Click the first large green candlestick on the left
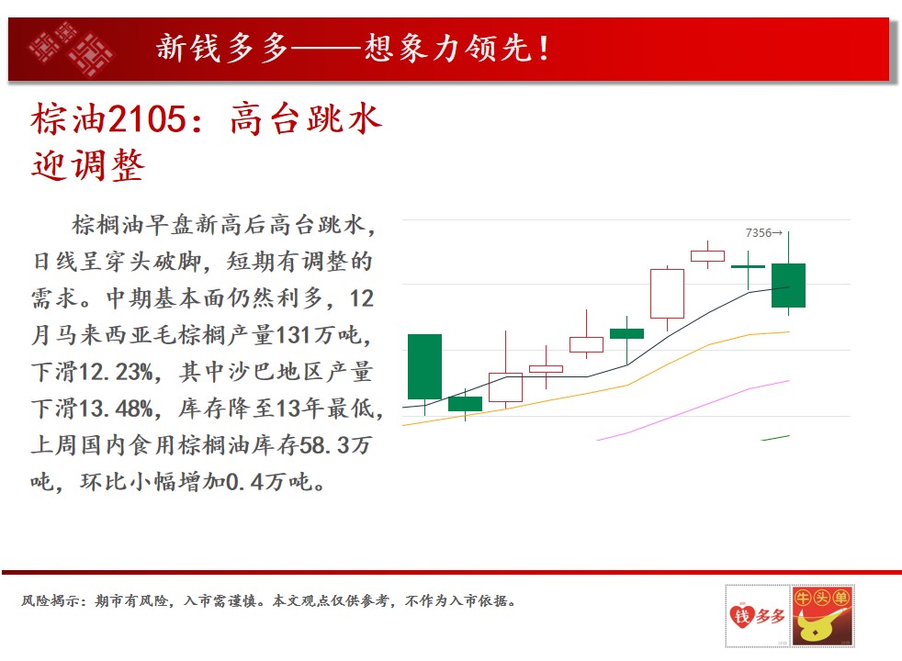(x=424, y=366)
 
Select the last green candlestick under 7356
(x=788, y=286)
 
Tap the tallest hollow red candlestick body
(x=667, y=294)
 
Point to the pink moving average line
(x=693, y=410)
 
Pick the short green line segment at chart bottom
(x=775, y=438)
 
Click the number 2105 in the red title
(x=147, y=119)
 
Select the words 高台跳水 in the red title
(x=306, y=119)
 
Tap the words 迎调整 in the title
(x=87, y=165)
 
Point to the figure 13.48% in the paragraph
(x=116, y=409)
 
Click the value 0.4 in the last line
(x=245, y=482)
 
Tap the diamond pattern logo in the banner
(x=72, y=49)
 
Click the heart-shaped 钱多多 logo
(x=757, y=616)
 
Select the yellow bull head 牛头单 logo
(x=822, y=616)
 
